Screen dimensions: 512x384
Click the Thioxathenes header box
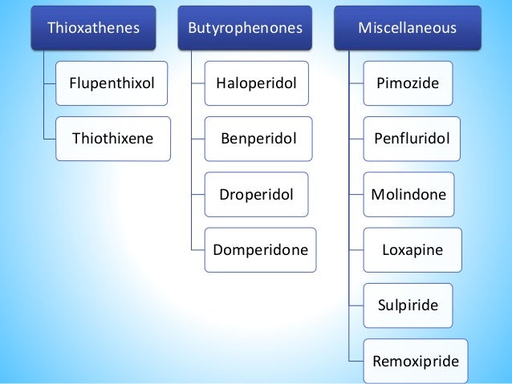tap(93, 28)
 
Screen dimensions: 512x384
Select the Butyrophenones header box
tap(245, 28)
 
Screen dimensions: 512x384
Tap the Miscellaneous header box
tap(407, 28)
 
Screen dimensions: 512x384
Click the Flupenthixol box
tap(112, 83)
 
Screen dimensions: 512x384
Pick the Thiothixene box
tap(112, 138)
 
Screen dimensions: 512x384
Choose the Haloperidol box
tap(257, 83)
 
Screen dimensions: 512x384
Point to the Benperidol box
tap(258, 138)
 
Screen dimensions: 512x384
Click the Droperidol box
tap(257, 194)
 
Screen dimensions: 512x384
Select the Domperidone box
tap(261, 249)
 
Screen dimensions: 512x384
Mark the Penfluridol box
tap(412, 138)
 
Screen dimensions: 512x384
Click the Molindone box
tap(408, 194)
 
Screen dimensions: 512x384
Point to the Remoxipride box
tap(416, 361)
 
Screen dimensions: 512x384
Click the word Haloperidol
tap(257, 83)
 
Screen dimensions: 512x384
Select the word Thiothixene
tap(112, 138)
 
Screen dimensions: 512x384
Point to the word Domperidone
tap(261, 249)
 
